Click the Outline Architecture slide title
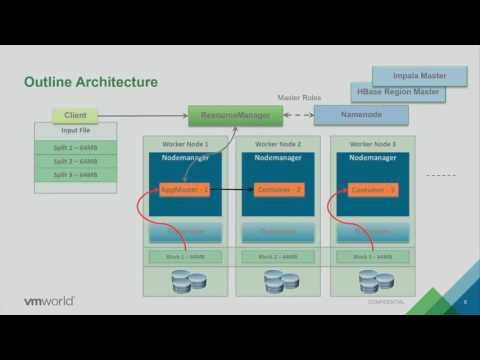(x=90, y=81)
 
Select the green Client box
(x=75, y=116)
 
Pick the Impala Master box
(x=420, y=75)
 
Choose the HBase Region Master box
(x=397, y=92)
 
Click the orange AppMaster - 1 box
(x=184, y=189)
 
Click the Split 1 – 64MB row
(x=76, y=147)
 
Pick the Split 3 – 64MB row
(x=76, y=175)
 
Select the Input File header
(x=76, y=131)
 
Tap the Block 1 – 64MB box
(x=184, y=257)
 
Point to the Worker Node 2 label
(x=280, y=144)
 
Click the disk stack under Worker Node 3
(x=374, y=281)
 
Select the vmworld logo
(x=51, y=300)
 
